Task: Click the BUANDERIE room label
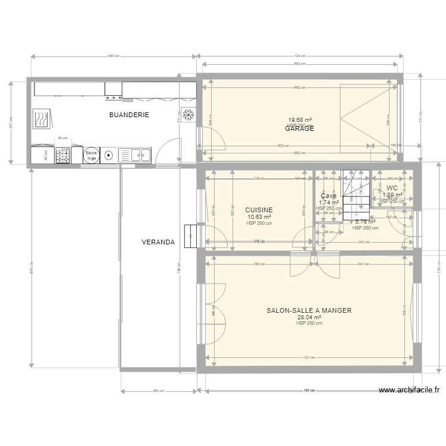click(x=128, y=115)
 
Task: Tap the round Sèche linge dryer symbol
click(x=91, y=155)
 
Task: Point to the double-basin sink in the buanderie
click(x=136, y=156)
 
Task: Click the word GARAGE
click(x=299, y=128)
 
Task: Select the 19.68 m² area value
click(x=300, y=120)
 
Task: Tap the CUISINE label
click(x=259, y=210)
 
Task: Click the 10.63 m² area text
click(x=259, y=217)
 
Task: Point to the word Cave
click(x=328, y=196)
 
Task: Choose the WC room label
click(x=392, y=188)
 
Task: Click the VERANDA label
click(x=158, y=243)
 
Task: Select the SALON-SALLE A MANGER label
click(x=309, y=310)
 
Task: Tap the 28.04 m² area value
click(x=309, y=318)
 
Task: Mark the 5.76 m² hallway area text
click(x=365, y=222)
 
